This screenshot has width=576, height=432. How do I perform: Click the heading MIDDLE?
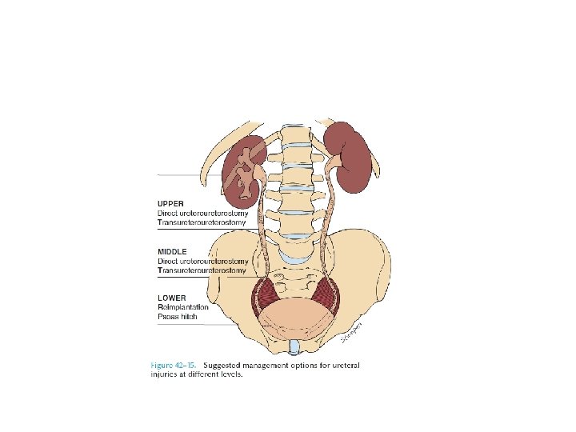point(171,251)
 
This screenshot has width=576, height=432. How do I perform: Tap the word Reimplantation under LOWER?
point(183,307)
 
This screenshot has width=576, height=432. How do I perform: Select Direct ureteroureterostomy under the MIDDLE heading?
point(202,261)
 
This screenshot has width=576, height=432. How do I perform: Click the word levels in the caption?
point(230,374)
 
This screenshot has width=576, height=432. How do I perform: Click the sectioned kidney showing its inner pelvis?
point(242,169)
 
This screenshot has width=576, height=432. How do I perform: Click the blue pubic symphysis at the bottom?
point(294,346)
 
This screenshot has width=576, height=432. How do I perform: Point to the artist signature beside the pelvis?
point(353,331)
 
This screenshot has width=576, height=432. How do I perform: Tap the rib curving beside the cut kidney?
point(213,160)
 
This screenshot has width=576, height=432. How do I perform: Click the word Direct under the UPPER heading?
point(166,214)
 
